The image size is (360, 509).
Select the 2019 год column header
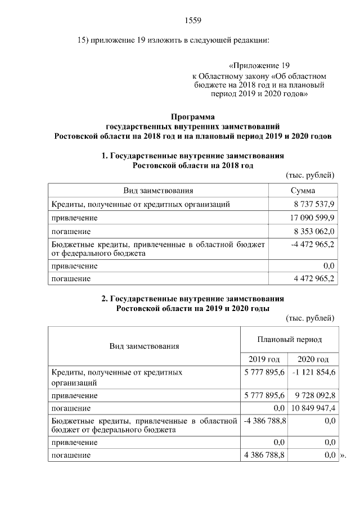tap(264, 359)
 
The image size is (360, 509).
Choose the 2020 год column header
tap(313, 359)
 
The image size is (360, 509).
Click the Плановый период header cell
tap(289, 340)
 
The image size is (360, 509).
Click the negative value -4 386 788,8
tap(264, 420)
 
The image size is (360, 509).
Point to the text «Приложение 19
tap(259, 65)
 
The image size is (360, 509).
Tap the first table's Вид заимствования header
tap(159, 191)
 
